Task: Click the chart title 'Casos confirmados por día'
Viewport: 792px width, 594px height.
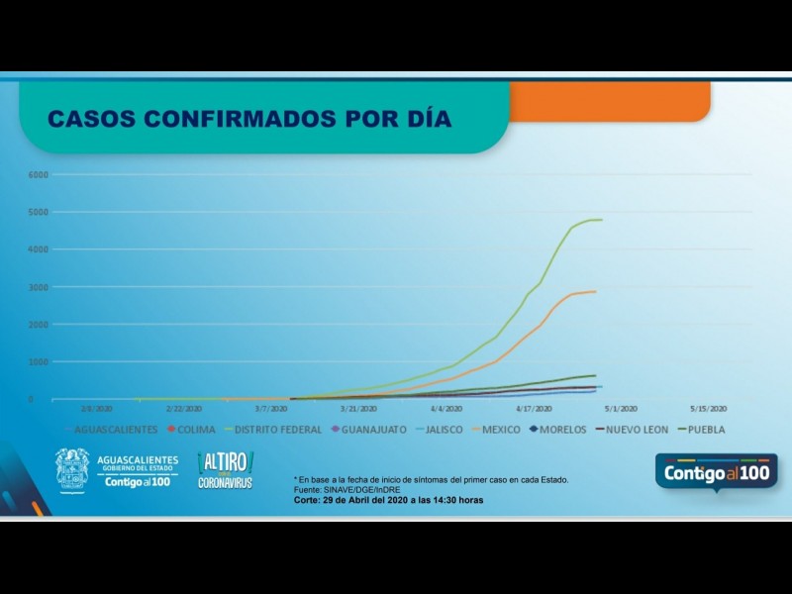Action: tap(249, 119)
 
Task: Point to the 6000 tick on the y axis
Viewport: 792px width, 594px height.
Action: tap(39, 175)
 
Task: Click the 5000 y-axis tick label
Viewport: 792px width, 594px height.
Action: tap(39, 213)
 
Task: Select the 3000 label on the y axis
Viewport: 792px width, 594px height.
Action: tap(39, 288)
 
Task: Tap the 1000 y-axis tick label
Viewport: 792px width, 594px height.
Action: tap(39, 362)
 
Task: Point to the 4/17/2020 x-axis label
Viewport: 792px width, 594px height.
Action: tap(535, 408)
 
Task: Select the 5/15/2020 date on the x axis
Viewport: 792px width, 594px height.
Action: tap(709, 408)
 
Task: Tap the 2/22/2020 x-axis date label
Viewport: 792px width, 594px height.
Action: tap(186, 408)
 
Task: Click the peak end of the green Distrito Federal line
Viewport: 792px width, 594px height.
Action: tap(601, 220)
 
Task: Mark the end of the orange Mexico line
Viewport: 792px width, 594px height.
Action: tap(595, 291)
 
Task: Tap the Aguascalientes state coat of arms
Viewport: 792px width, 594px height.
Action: tap(72, 469)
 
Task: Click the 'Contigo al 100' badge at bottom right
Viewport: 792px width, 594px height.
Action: tap(716, 471)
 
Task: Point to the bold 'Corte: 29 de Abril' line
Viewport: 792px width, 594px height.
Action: tap(388, 500)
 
